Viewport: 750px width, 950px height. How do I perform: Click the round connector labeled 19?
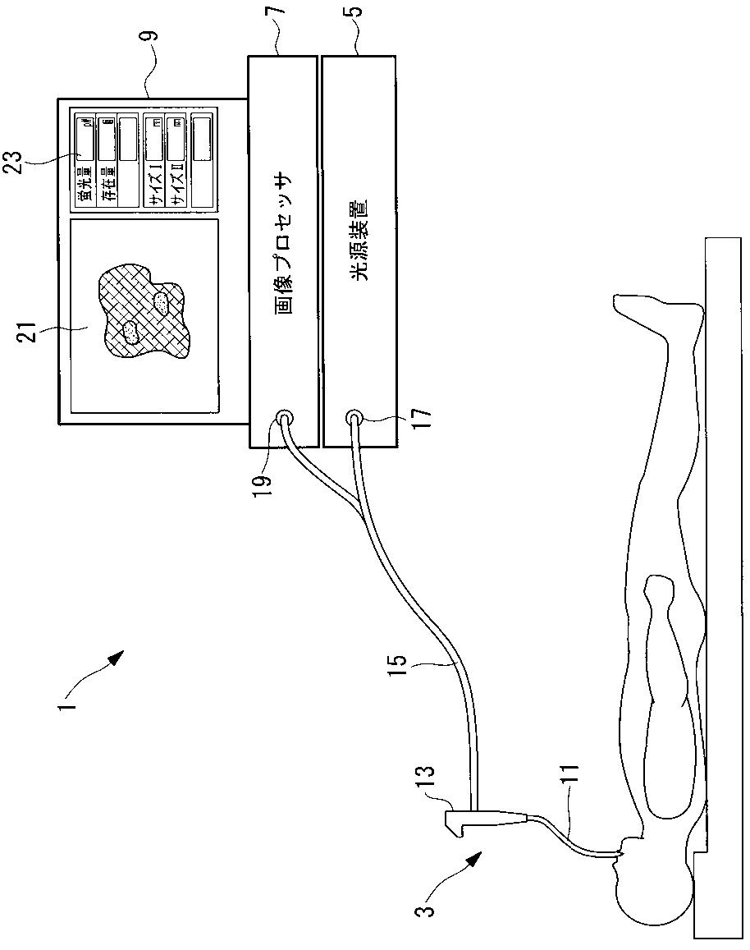click(x=283, y=418)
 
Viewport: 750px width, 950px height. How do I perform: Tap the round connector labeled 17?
click(x=354, y=418)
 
